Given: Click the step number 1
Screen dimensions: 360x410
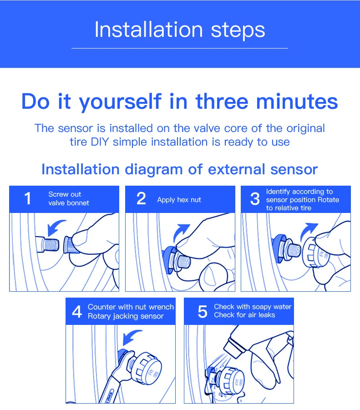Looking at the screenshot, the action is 27,198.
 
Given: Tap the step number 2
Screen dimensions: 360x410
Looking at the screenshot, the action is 141,198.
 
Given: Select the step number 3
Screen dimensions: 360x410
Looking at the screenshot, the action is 255,199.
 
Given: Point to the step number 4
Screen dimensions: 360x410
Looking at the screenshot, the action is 77,312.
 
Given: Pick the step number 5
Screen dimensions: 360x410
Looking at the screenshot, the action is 203,312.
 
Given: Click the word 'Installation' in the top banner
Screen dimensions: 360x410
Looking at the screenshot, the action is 148,30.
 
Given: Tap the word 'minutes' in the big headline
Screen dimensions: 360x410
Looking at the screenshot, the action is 297,101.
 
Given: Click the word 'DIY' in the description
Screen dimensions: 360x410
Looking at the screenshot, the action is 100,142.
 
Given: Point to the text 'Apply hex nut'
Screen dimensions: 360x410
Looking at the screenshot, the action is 179,200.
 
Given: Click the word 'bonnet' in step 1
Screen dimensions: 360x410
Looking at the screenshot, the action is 78,203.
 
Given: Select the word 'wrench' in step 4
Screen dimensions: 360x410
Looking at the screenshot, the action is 161,307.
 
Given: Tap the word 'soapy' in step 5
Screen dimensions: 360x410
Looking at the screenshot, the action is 263,307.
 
